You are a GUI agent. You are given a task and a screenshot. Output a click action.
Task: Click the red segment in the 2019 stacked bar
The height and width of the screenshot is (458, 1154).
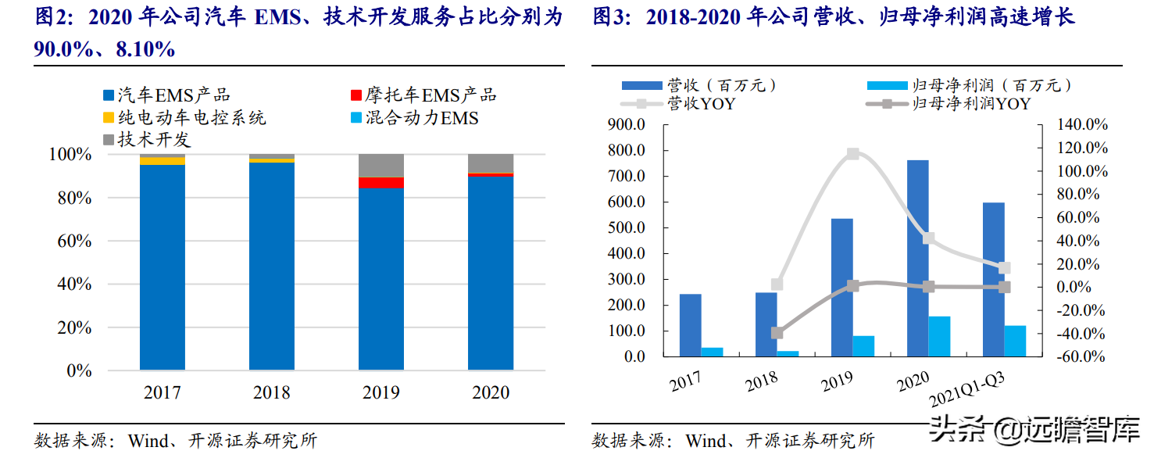381,183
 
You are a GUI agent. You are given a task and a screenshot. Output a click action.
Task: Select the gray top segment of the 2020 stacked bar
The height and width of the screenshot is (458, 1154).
491,163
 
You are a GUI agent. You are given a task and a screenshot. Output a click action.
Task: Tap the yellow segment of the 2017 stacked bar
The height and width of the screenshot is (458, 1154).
163,161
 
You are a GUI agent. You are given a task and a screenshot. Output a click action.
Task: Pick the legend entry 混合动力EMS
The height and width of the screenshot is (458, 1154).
421,118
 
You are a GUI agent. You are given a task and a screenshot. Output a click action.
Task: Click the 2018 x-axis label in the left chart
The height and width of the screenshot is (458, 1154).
272,392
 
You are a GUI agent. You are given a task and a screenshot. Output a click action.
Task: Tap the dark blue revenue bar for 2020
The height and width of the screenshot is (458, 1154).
917,258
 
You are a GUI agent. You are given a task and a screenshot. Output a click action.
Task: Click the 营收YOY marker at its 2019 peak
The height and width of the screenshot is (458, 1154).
853,154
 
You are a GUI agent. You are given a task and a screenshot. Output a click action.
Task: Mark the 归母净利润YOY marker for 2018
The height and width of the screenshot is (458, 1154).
777,333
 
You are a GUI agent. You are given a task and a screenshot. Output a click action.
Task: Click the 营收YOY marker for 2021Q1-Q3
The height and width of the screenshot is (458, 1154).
1005,268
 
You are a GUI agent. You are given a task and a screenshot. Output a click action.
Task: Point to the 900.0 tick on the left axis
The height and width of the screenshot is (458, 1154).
626,125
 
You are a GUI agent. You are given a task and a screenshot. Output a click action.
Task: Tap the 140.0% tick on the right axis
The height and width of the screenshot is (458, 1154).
1082,125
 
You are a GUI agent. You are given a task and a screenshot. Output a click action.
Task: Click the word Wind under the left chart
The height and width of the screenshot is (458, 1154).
147,441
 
